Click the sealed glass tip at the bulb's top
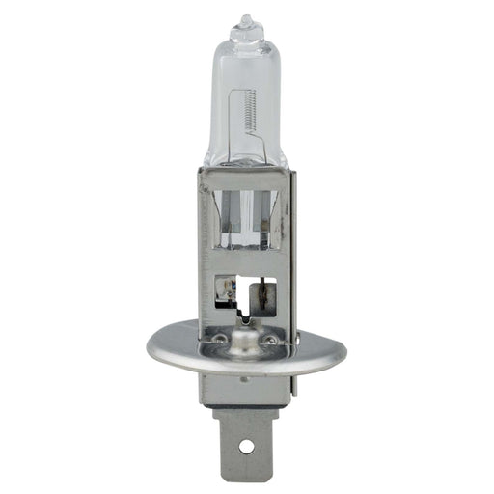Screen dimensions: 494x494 (247, 21)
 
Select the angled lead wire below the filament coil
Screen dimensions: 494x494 (259, 145)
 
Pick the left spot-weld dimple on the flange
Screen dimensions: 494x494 (221, 339)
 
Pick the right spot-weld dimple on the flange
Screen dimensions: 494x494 (271, 339)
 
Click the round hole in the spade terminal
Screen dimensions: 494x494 (247, 447)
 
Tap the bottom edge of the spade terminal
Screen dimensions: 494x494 (247, 475)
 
